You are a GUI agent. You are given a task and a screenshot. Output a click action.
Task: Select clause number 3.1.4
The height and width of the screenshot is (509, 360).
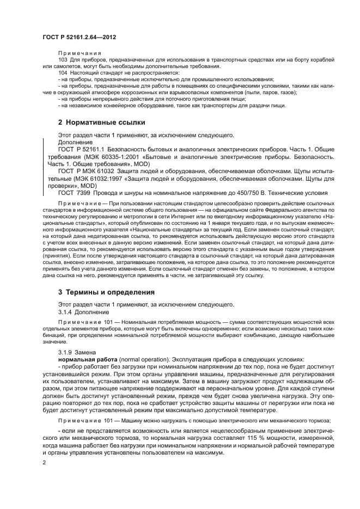tap(66, 311)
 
